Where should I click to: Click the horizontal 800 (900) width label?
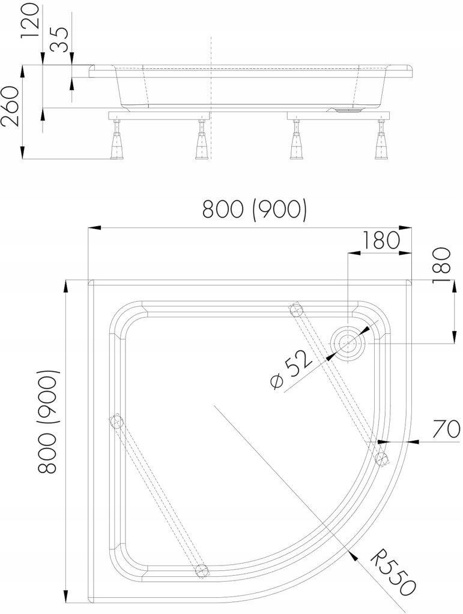point(255,210)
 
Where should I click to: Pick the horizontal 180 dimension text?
point(381,240)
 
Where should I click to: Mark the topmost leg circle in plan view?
point(295,309)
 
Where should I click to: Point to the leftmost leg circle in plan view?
point(115,420)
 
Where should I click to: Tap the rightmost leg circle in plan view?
point(381,459)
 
